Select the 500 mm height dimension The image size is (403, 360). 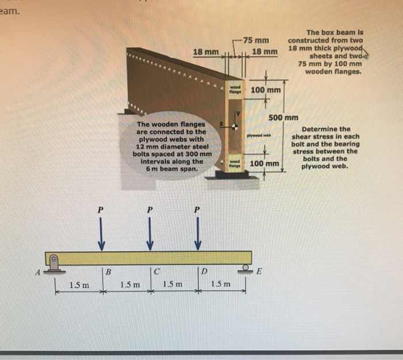pos(283,118)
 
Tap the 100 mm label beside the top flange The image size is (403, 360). pos(265,91)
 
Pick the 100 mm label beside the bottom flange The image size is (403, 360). pos(265,164)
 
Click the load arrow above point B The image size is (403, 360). pos(101,236)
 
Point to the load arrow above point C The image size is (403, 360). pos(150,236)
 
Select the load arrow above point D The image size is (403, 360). pos(197,236)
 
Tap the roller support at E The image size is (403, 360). pos(244,268)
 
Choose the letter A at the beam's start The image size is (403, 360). pos(39,275)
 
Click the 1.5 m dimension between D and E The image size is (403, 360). pos(222,284)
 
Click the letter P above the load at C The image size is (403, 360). pos(149,211)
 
